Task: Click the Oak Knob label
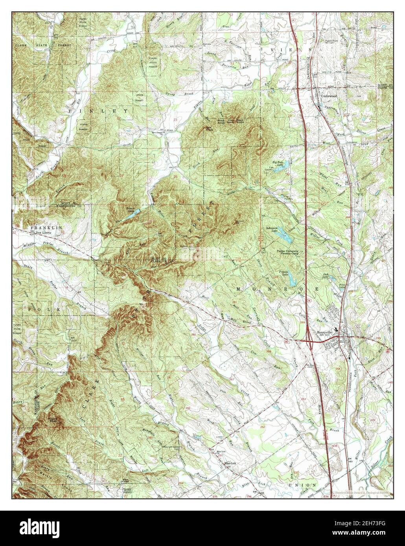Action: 208,129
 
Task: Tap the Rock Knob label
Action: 240,121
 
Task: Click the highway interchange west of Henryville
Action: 309,342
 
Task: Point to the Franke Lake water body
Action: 292,280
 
